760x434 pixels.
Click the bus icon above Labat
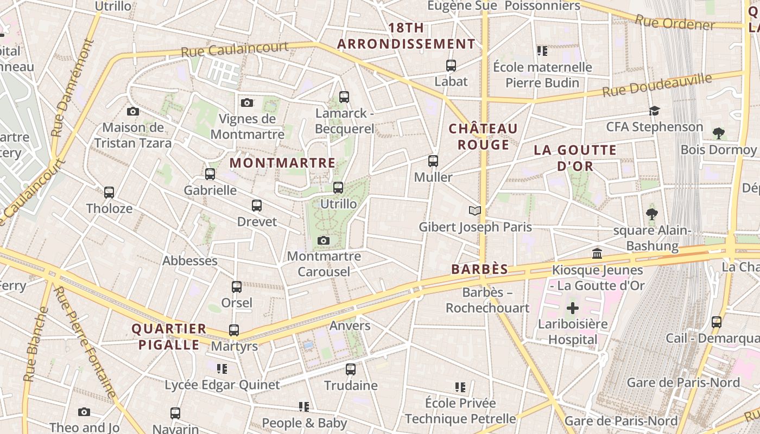click(451, 66)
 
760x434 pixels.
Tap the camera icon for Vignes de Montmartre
click(247, 103)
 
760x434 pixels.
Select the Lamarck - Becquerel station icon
click(344, 97)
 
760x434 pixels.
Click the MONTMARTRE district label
click(282, 163)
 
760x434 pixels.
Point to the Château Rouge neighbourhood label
click(483, 136)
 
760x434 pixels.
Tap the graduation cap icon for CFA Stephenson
click(654, 111)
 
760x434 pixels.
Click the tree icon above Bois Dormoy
click(718, 133)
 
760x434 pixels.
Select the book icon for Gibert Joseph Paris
click(475, 210)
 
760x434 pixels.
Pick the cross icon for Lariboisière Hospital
click(573, 308)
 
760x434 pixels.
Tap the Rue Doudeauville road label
click(657, 85)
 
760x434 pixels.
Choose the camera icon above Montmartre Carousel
click(324, 240)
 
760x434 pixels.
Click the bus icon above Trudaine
click(351, 369)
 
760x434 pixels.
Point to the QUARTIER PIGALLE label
click(169, 336)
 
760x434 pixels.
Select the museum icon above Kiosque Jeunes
click(597, 253)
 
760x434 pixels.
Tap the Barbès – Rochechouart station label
click(487, 300)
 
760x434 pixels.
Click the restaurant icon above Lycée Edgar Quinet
click(222, 369)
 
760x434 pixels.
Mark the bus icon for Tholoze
click(109, 193)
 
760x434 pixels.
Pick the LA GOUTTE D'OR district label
click(575, 158)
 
